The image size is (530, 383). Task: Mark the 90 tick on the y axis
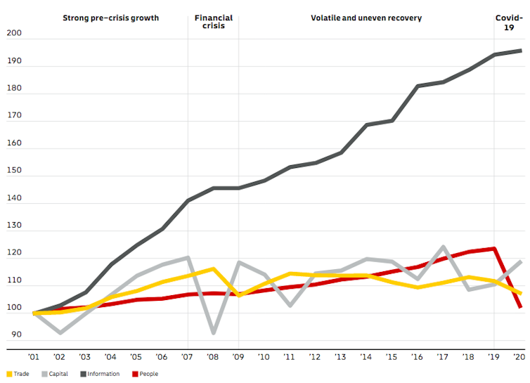[15, 335]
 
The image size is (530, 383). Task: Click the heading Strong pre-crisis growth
[110, 18]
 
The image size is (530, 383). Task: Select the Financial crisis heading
[213, 22]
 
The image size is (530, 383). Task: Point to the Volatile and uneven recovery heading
[366, 18]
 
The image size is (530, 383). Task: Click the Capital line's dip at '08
[213, 332]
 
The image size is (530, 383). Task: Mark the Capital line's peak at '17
[444, 247]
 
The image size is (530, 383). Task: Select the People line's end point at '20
[520, 307]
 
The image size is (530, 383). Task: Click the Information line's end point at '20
[520, 51]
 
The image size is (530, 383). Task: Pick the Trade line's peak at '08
[213, 268]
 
